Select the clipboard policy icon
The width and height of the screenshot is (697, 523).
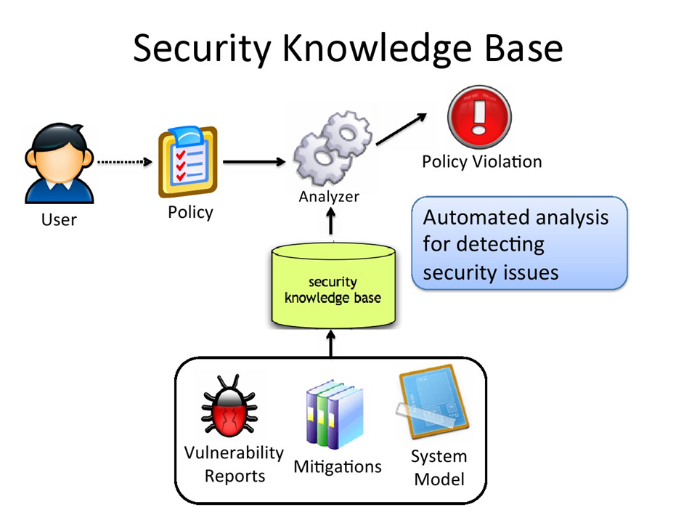click(x=188, y=162)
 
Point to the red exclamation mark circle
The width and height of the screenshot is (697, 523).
click(x=479, y=118)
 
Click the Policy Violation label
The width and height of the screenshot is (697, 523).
click(x=481, y=162)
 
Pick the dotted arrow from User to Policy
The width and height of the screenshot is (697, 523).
click(x=124, y=162)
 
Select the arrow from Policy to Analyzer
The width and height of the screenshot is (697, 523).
click(x=254, y=161)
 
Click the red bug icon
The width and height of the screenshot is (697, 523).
click(x=231, y=407)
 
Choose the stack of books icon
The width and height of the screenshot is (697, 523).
click(x=333, y=415)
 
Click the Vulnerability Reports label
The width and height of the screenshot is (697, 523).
click(x=234, y=464)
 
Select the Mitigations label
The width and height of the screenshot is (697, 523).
click(x=337, y=466)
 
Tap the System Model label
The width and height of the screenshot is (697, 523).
click(x=439, y=467)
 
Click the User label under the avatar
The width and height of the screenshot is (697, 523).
click(x=59, y=219)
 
